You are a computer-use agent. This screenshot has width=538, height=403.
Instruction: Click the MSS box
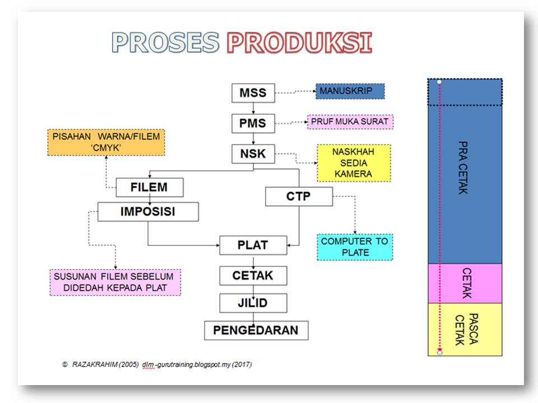tap(253, 93)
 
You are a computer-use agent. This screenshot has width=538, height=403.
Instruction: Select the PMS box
tap(253, 123)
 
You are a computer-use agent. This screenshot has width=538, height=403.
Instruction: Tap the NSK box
tap(253, 154)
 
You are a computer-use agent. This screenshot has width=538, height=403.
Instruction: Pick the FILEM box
tap(150, 188)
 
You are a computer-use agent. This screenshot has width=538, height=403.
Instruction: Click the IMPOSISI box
tap(148, 212)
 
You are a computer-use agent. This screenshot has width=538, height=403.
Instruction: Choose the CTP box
tap(299, 196)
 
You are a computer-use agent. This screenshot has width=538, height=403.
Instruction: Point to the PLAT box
tap(253, 245)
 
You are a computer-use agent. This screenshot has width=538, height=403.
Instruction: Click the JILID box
tap(253, 303)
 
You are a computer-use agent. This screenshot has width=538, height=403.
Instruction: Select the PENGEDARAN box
tap(256, 330)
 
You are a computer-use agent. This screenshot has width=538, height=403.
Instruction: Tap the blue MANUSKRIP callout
tap(350, 91)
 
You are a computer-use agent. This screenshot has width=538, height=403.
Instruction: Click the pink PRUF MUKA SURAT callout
tap(350, 121)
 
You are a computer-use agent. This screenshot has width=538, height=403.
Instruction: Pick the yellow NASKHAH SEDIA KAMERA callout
tap(354, 163)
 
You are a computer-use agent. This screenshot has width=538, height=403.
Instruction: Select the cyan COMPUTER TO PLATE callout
tap(355, 247)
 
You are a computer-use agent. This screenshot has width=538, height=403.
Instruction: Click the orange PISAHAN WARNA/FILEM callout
tap(106, 143)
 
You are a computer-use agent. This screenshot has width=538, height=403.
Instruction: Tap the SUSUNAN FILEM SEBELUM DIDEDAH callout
tap(115, 282)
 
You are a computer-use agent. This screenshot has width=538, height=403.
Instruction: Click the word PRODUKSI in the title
tap(299, 43)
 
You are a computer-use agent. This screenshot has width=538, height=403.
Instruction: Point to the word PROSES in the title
tap(165, 43)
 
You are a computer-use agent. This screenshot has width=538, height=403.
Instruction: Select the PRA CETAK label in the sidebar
tap(463, 168)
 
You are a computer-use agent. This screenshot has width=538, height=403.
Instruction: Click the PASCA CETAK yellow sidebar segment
tap(465, 330)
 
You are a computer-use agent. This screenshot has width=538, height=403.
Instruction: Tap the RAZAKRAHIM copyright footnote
tap(157, 364)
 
